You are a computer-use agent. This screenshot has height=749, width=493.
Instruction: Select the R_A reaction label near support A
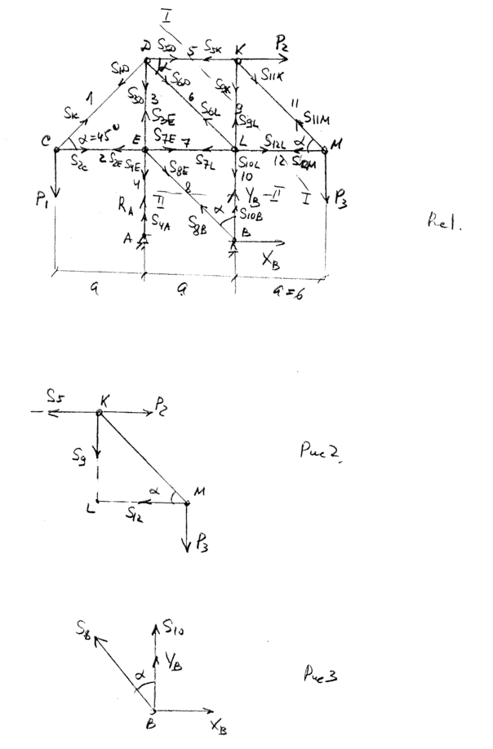point(123,208)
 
